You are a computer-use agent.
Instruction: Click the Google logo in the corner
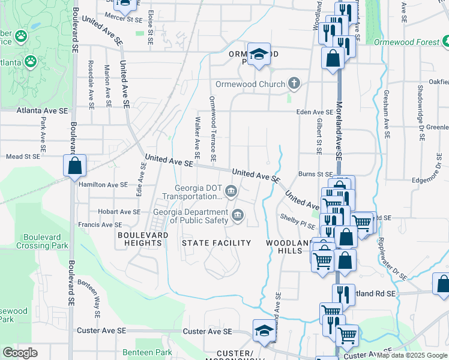(20, 353)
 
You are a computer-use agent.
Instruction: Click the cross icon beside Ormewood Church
(294, 83)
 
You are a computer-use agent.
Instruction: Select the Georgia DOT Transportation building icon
(232, 191)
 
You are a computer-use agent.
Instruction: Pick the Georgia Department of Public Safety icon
(238, 215)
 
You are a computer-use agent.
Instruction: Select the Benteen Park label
(146, 352)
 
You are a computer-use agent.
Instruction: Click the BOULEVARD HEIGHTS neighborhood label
(143, 239)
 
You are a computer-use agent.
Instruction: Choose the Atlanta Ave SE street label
(43, 111)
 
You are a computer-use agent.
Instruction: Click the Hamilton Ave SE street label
(103, 185)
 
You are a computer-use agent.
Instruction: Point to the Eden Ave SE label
(314, 112)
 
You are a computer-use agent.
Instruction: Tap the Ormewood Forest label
(406, 42)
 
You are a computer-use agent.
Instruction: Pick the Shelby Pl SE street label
(297, 217)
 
